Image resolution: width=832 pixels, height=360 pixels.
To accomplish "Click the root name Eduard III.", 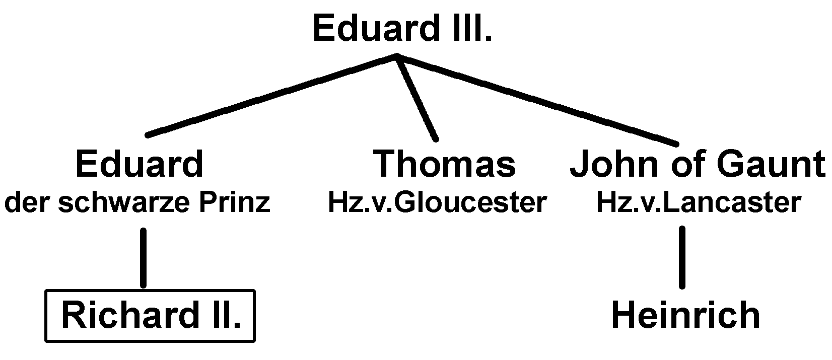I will tap(402, 28).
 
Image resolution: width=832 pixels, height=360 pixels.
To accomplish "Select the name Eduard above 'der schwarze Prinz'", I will tap(139, 164).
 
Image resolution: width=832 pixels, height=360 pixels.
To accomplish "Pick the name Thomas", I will tap(444, 164).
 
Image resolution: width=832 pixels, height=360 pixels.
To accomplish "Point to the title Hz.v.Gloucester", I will tap(437, 203).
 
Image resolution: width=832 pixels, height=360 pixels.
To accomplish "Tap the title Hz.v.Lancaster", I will tap(698, 203).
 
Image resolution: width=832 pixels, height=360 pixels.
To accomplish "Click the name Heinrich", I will tap(685, 315).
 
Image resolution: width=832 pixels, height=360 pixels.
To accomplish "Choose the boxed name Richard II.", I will tap(150, 316).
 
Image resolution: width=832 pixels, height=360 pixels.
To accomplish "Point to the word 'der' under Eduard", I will tap(27, 203).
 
